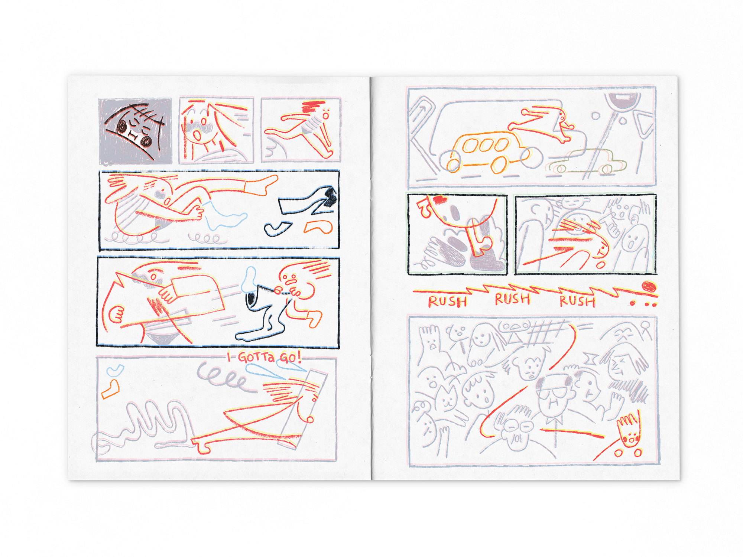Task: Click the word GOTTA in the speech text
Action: coord(256,357)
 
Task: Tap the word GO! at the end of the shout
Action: coord(290,357)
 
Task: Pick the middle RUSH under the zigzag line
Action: coord(512,299)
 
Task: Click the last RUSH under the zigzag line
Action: coord(577,301)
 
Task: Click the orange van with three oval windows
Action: coord(490,152)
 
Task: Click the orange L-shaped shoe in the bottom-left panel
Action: coord(110,389)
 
